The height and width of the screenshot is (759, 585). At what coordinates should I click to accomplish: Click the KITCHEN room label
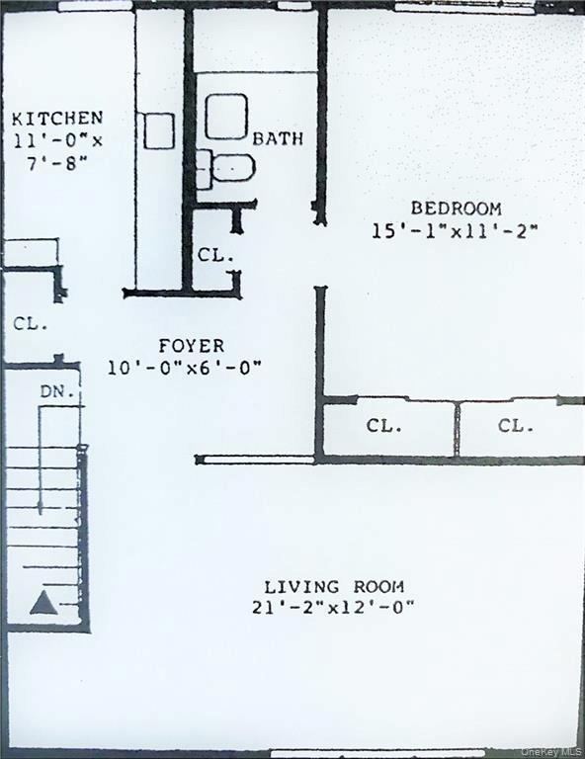coord(57,118)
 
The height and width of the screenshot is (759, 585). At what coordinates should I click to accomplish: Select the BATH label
coord(278,138)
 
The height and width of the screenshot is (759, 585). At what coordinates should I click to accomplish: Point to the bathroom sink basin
coord(226,116)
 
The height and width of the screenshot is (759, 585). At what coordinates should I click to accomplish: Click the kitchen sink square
coord(158,130)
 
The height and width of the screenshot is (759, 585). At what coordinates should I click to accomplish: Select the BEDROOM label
coord(456,209)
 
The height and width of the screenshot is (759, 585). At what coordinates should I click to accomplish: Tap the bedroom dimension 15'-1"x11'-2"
coord(455,231)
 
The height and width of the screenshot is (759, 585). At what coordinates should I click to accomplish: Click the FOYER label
coord(191,346)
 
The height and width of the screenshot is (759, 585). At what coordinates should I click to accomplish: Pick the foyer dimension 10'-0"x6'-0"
coord(185,368)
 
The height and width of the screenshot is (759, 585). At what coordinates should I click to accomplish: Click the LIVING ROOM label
coord(333,586)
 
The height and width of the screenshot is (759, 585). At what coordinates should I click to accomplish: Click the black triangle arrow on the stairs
coord(42,602)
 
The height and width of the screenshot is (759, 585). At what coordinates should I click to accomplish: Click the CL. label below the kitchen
coord(31,323)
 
